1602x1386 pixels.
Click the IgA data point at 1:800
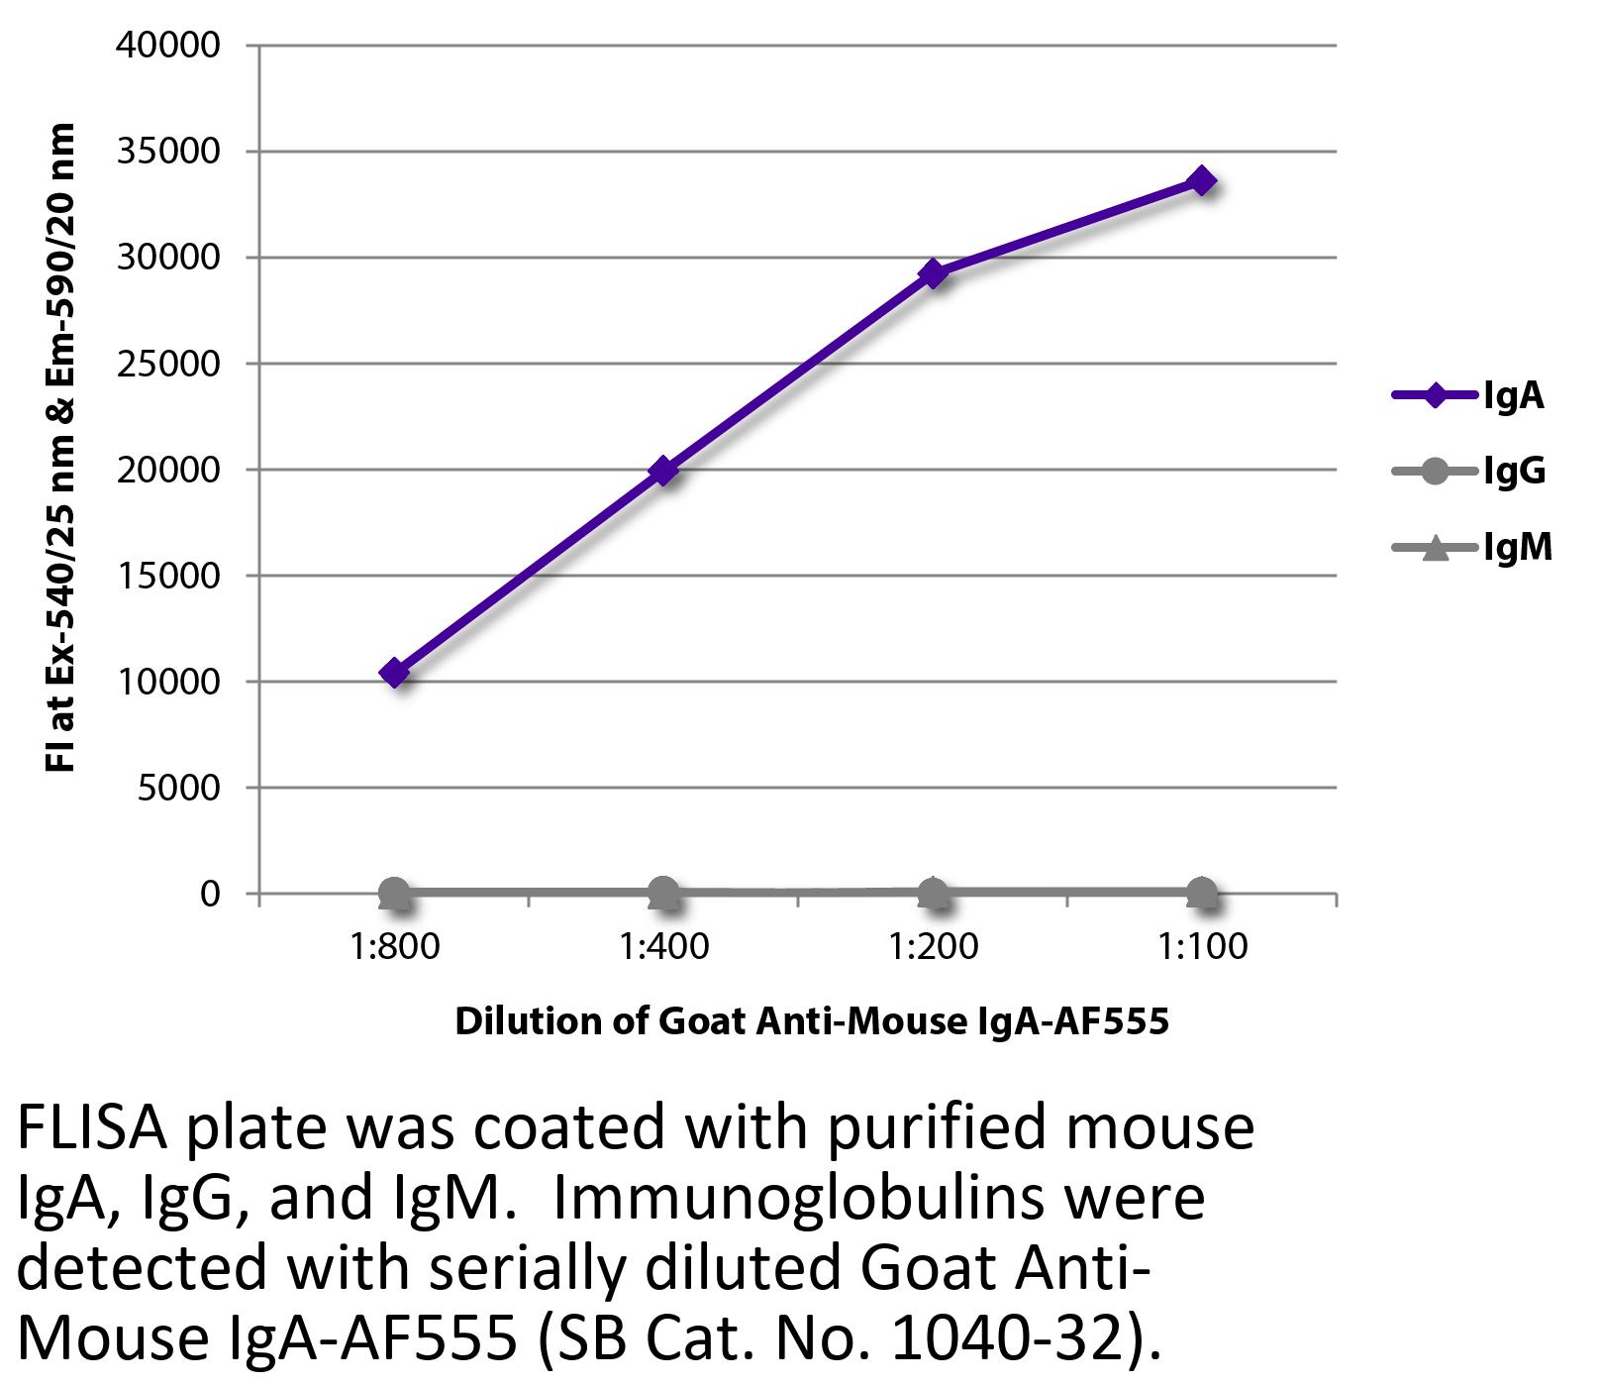[394, 674]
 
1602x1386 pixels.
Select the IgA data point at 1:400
[663, 471]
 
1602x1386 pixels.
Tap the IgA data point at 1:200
[933, 273]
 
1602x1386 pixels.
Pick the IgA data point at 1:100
[1202, 181]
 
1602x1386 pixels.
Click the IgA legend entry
[1469, 396]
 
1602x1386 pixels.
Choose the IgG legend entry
[1469, 472]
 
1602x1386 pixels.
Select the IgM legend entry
[1471, 547]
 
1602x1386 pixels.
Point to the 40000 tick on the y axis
[167, 46]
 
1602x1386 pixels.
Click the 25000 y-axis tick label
[167, 364]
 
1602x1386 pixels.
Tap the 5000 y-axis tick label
[178, 789]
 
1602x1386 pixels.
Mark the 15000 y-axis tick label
[167, 577]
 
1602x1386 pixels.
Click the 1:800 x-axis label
[394, 947]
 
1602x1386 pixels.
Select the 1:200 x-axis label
[933, 947]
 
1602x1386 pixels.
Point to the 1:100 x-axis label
[1202, 947]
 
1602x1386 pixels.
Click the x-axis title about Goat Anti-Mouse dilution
[812, 1021]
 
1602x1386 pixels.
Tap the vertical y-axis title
[60, 448]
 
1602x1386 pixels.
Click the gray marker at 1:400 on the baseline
[663, 893]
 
